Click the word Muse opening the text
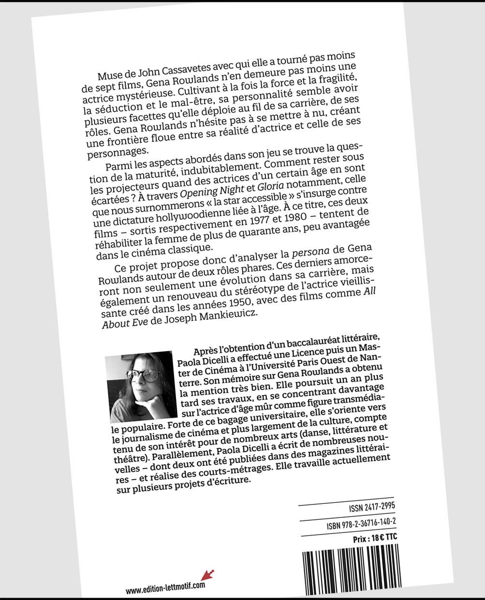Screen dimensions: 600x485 pyautogui.click(x=109, y=73)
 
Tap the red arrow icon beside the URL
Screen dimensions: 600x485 pyautogui.click(x=208, y=575)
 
